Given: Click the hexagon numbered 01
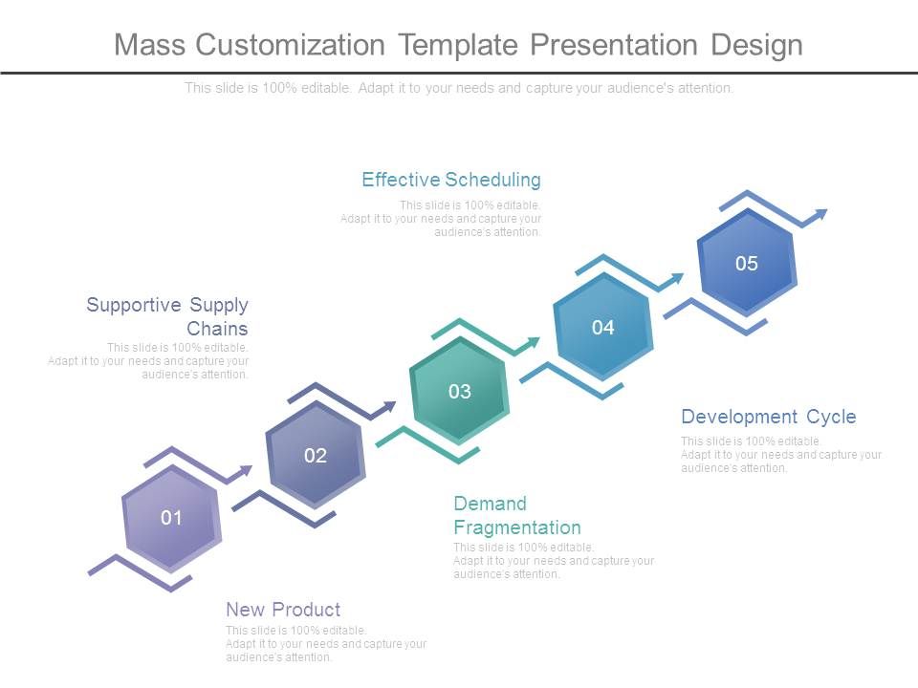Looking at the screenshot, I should tap(171, 518).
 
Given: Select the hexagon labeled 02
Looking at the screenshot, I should tap(316, 455).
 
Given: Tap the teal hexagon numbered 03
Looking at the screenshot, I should tap(459, 391).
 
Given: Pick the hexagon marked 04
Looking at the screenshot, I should tap(602, 328).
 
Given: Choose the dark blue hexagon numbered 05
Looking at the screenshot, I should tap(746, 264).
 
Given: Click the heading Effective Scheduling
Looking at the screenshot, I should tap(451, 180).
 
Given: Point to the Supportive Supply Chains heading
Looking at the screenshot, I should tap(167, 316).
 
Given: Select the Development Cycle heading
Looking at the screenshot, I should tap(768, 417).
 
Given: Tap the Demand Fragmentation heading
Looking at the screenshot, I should tap(516, 515).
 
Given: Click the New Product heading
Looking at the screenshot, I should tap(283, 610).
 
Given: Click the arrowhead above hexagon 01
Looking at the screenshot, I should tap(246, 471).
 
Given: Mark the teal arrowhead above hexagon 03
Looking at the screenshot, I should tap(533, 343).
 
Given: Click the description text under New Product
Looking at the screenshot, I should tap(325, 644).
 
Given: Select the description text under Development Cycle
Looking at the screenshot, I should tap(780, 455).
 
